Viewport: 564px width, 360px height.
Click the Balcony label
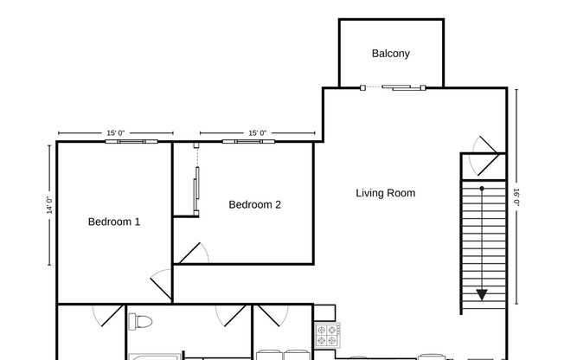(390, 54)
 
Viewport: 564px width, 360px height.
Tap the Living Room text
(386, 193)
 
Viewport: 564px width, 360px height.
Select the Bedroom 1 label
(114, 222)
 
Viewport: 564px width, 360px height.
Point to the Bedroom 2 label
(254, 205)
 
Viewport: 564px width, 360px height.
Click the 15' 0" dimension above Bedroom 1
(116, 133)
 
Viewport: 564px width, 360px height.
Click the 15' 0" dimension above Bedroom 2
(257, 133)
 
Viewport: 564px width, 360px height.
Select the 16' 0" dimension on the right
(516, 196)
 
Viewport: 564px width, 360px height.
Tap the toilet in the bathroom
(136, 323)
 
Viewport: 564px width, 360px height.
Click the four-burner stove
(327, 334)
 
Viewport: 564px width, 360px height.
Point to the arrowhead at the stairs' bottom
(481, 294)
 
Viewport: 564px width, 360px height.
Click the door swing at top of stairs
(485, 146)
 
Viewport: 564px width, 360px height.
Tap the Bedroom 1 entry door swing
(162, 283)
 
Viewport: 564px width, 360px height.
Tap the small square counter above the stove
(324, 312)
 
